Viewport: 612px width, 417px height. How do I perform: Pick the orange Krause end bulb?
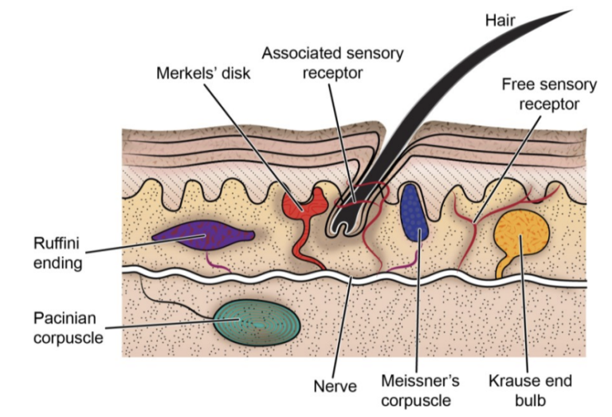pos(520,231)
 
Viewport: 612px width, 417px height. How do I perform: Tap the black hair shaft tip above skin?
pos(558,16)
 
